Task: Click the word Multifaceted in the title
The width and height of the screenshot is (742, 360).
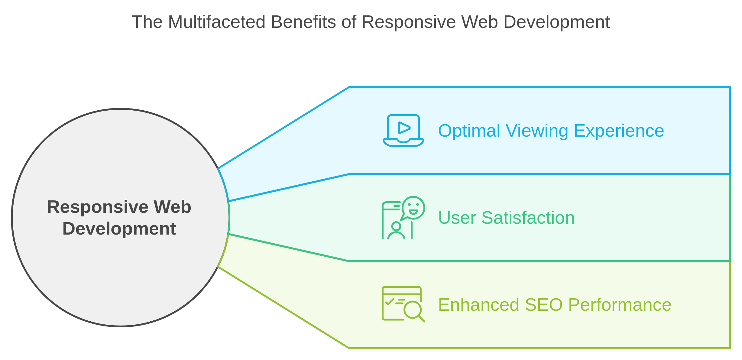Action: [216, 22]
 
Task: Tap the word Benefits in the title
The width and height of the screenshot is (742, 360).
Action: [303, 22]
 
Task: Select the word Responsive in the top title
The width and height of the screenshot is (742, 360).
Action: [408, 22]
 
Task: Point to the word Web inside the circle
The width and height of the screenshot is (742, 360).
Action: [172, 207]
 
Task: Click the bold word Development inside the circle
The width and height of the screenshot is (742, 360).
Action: [119, 229]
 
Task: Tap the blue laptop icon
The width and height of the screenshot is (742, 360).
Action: [403, 131]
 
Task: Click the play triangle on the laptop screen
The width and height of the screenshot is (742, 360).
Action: [404, 128]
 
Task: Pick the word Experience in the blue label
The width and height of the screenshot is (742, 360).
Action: [619, 131]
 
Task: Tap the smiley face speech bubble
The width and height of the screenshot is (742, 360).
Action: [413, 208]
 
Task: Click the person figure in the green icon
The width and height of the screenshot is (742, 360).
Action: [396, 231]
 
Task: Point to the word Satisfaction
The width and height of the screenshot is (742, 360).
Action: [528, 218]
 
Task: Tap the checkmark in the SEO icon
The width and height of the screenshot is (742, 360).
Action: [390, 301]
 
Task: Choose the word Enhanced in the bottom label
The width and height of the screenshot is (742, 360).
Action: [479, 305]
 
